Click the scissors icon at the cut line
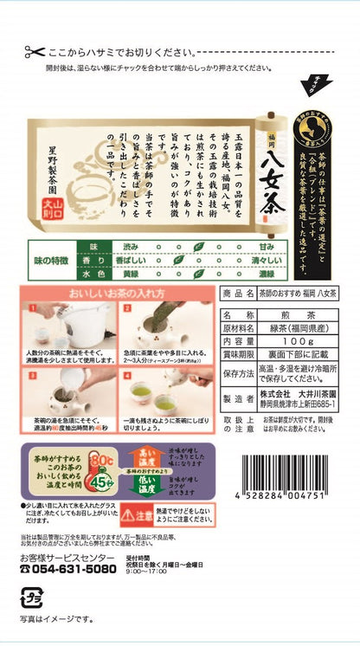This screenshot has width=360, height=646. click(35, 51)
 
